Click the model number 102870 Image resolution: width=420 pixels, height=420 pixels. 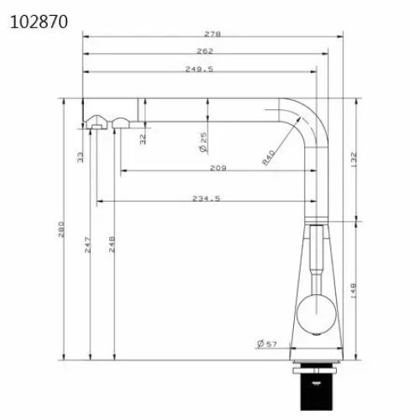(39, 22)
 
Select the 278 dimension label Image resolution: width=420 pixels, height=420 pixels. (213, 34)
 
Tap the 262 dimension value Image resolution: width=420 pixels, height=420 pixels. (205, 51)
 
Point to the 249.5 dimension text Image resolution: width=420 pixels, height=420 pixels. (199, 69)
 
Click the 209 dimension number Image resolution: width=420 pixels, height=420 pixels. (218, 168)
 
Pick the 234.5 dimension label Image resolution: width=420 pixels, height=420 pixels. (206, 198)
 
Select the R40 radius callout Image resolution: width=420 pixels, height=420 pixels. (268, 157)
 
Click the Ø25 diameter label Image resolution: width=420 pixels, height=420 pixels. (204, 142)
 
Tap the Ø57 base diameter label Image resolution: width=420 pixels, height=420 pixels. (267, 344)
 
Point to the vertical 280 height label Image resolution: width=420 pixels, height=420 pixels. (61, 229)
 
